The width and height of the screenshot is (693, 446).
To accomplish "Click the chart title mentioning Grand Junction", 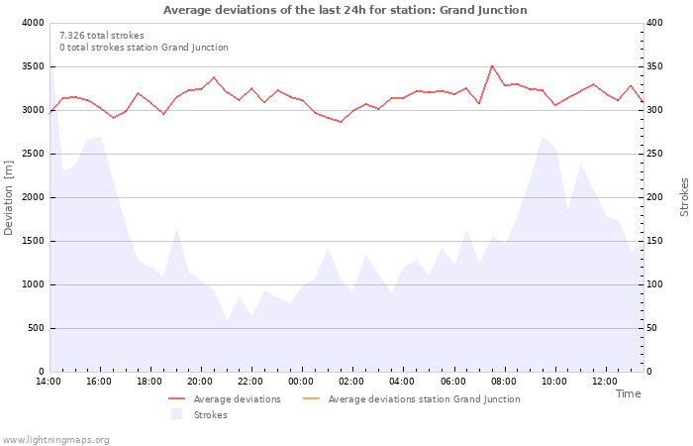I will click(345, 10).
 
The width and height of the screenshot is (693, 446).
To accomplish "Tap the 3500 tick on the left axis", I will click(32, 66).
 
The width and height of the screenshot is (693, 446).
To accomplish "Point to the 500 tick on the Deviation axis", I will click(35, 328).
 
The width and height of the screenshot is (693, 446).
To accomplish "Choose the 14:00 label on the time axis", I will click(49, 382).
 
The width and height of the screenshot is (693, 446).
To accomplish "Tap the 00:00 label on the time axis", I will click(301, 382).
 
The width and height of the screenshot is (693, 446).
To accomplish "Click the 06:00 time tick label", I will click(452, 382).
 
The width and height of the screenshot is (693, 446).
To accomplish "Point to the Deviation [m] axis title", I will click(9, 197).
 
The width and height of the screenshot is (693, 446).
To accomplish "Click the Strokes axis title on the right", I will click(684, 197).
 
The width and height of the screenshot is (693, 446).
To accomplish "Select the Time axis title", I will click(628, 393).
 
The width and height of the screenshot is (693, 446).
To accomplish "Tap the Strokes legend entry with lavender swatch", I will click(203, 415).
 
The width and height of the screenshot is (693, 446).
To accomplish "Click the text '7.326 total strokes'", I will click(101, 35).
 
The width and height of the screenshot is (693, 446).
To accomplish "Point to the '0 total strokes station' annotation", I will click(144, 48).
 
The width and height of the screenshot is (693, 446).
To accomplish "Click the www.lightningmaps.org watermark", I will click(56, 440).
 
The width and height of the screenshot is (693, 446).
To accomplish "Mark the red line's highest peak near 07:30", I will click(492, 66).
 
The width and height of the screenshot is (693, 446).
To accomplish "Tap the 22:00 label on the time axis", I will click(250, 382).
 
